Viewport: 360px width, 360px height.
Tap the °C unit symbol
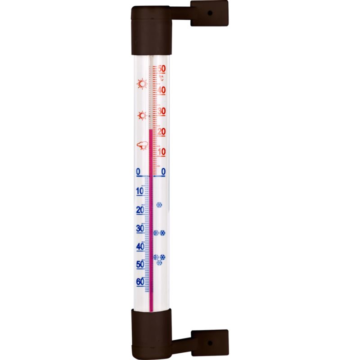click(162, 79)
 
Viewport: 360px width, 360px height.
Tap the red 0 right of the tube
click(163, 171)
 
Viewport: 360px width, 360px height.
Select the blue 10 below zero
click(140, 191)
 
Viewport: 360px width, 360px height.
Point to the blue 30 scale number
click(140, 228)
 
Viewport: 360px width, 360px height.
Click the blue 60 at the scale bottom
click(140, 282)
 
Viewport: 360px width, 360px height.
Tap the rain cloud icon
click(143, 145)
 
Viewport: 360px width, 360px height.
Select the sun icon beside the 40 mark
click(142, 84)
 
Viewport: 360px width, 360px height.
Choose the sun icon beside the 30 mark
click(142, 116)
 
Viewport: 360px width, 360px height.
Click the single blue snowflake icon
click(159, 205)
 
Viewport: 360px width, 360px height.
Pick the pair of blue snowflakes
click(159, 233)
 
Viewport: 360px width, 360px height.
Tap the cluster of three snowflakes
click(159, 259)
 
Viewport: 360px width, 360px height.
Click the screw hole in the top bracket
click(209, 13)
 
